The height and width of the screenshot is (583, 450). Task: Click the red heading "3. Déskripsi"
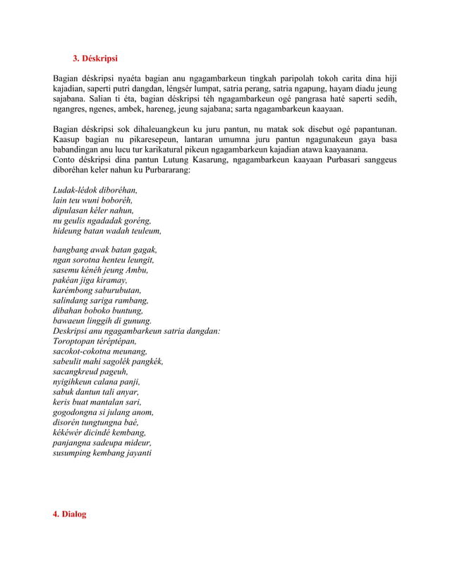point(100,57)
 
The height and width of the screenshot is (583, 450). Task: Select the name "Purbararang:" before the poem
point(167,170)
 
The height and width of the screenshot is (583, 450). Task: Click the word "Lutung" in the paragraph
point(178,160)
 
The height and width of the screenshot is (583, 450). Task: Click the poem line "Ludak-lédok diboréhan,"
point(95,191)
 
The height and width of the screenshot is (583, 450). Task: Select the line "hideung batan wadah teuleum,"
point(107,231)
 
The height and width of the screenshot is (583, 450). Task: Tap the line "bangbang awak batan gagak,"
point(105,250)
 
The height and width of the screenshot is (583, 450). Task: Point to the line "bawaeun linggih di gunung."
point(102,320)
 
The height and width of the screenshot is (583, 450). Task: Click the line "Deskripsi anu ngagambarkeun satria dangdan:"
point(137,330)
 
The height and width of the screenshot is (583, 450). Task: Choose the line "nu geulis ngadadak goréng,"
point(102,220)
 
